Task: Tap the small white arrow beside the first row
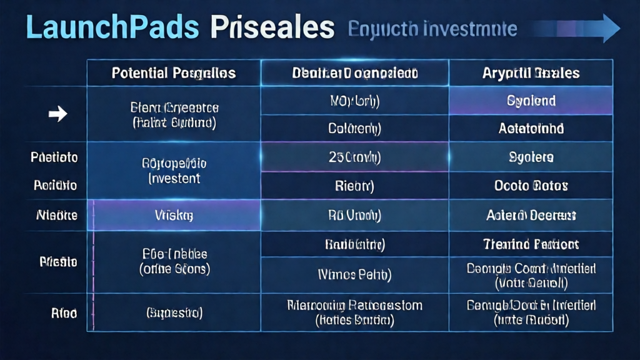tap(57, 114)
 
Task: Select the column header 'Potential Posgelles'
tap(173, 73)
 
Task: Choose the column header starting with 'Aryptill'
tap(531, 73)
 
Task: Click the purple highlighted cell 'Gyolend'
tap(531, 101)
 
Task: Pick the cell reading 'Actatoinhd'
tap(531, 129)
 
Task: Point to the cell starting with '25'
tap(354, 157)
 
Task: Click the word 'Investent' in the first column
tap(174, 179)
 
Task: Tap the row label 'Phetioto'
tap(54, 157)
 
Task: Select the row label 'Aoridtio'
tap(55, 186)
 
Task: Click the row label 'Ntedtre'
tap(57, 216)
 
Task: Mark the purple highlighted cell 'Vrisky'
tap(174, 216)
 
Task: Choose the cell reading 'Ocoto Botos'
tap(531, 186)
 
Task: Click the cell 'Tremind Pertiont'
tap(531, 244)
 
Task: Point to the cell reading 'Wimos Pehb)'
tap(354, 274)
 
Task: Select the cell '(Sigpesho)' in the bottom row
tap(174, 312)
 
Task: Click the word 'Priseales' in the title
tap(272, 28)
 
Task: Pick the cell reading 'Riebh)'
tap(354, 186)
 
